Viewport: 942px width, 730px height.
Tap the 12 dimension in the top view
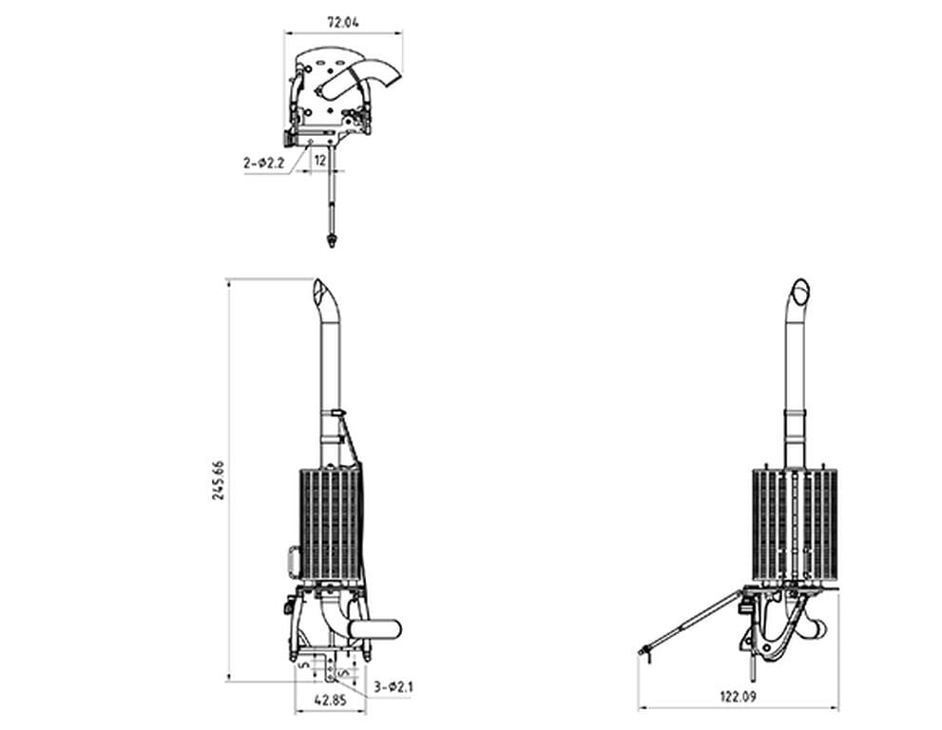pyautogui.click(x=320, y=162)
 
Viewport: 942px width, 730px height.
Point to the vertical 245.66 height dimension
pyautogui.click(x=218, y=480)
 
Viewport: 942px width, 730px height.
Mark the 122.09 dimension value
pyautogui.click(x=738, y=697)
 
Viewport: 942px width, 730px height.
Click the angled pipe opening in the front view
pyautogui.click(x=322, y=289)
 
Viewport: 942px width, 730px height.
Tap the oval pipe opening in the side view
pyautogui.click(x=801, y=287)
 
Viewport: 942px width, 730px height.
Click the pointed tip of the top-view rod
pyautogui.click(x=331, y=243)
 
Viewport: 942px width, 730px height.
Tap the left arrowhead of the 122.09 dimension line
pyautogui.click(x=640, y=708)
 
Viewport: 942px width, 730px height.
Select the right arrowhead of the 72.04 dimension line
pyautogui.click(x=400, y=33)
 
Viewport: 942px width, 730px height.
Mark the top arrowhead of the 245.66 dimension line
pyautogui.click(x=228, y=281)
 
